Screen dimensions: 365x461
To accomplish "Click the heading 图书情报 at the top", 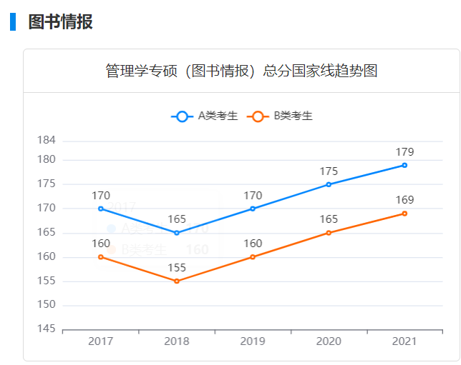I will tap(60, 21).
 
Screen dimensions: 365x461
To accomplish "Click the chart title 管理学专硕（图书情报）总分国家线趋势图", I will tap(241, 71).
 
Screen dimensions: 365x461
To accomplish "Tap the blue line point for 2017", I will tap(101, 209).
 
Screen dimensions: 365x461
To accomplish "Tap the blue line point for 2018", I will tap(177, 233).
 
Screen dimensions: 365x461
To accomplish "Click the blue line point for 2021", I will tap(404, 165).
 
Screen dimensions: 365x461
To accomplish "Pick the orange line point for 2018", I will tap(177, 281).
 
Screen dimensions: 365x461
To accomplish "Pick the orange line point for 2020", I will tap(329, 233).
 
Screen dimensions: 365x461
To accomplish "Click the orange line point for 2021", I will tap(404, 214).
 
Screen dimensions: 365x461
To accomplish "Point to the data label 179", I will tap(404, 151).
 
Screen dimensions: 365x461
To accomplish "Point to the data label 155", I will tap(177, 268).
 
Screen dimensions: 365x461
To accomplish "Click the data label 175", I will tap(329, 171).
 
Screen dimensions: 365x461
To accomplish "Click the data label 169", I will tap(404, 200).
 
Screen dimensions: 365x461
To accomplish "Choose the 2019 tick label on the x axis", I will tap(253, 341).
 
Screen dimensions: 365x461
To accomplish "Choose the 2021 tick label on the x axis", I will tap(404, 341).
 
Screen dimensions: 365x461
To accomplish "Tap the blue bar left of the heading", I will tap(13, 21).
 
